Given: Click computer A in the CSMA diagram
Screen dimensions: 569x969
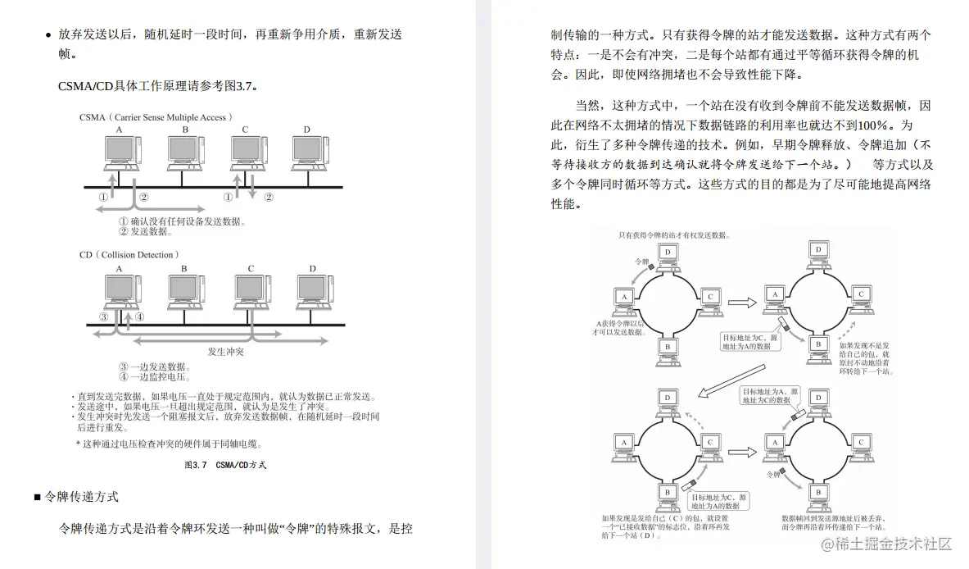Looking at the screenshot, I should [120, 152].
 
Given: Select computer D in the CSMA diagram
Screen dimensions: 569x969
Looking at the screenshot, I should [307, 152].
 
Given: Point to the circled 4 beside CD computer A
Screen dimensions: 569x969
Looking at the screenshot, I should [140, 316].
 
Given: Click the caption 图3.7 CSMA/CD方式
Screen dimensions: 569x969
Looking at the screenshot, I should [226, 465].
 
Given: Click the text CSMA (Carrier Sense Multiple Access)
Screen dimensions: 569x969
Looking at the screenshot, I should [156, 117].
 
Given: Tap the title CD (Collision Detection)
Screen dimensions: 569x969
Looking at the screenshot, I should [129, 255].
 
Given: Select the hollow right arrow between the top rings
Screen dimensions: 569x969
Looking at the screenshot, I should [741, 303].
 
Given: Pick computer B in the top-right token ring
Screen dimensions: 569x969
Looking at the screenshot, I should [816, 346].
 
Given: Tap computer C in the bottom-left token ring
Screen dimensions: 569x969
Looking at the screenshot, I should [710, 444].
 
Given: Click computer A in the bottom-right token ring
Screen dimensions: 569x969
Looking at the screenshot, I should [771, 444].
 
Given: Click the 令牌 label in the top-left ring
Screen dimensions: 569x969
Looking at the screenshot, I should [644, 262].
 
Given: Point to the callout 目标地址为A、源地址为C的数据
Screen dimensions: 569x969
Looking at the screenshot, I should [765, 397].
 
